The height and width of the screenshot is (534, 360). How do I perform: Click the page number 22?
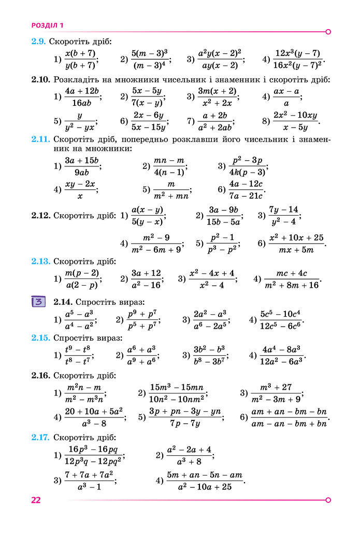coord(36,500)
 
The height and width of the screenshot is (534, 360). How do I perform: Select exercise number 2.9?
coord(39,41)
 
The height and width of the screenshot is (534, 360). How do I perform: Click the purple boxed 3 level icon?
coord(38,301)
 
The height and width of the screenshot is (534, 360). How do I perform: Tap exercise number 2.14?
coord(64,301)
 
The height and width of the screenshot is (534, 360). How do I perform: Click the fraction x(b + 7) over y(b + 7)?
coord(80,59)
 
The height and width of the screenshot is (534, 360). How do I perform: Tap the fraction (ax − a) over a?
coord(286,96)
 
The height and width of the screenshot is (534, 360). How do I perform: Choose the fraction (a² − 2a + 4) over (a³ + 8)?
coord(190,455)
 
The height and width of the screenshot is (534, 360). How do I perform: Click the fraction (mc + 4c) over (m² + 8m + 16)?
coord(292,279)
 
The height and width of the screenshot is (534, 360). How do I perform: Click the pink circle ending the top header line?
coord(328,32)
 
